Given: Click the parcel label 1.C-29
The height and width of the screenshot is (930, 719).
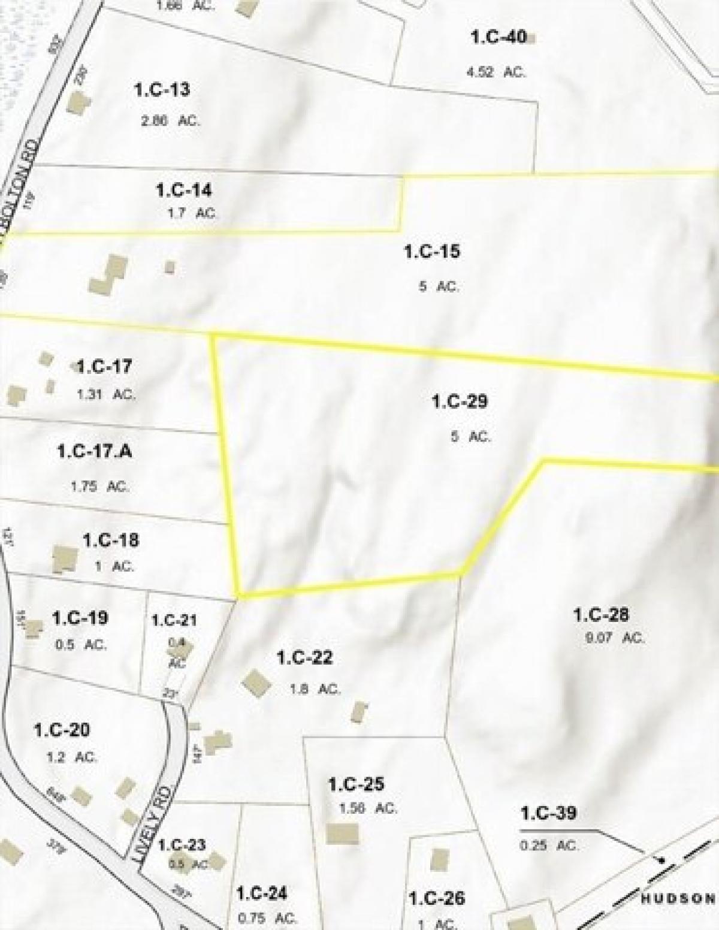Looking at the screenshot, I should click(460, 401).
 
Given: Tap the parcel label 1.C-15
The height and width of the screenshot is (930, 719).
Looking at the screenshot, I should click(431, 251).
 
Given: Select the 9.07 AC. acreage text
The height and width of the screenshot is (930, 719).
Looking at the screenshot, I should click(614, 638).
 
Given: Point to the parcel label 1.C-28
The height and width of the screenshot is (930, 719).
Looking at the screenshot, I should click(601, 615).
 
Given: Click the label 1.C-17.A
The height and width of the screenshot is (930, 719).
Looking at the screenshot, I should click(95, 451).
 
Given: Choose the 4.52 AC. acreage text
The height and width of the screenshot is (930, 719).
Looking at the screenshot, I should click(496, 72).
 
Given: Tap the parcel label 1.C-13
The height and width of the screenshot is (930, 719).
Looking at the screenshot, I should click(162, 90).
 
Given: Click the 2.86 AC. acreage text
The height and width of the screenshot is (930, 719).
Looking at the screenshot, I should click(170, 120).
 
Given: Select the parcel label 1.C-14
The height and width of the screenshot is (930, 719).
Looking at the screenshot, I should click(183, 191).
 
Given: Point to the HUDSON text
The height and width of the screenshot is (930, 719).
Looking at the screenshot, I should click(678, 898).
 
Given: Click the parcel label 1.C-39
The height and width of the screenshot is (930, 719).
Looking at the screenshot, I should click(548, 813).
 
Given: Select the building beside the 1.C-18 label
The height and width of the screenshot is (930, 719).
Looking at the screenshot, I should click(65, 558).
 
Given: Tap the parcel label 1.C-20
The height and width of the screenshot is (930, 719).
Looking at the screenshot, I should click(62, 730).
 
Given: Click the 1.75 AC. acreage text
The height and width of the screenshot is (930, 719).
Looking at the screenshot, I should click(99, 487).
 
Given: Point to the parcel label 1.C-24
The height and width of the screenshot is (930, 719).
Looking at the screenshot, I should click(262, 893).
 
